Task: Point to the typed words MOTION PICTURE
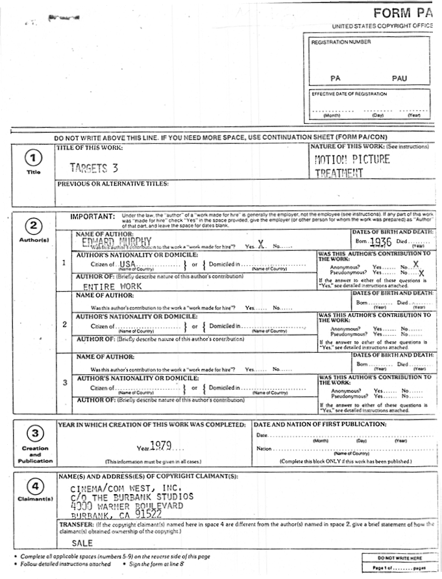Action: tap(352, 160)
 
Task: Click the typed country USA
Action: tap(127, 265)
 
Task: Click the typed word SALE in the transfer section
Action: tap(82, 543)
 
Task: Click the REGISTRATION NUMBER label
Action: tap(341, 42)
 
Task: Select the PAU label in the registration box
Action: tap(399, 78)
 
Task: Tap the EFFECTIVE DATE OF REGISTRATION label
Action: tap(349, 94)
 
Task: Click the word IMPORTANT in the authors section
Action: tap(92, 216)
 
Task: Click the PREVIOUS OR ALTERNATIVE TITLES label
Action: tap(113, 183)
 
